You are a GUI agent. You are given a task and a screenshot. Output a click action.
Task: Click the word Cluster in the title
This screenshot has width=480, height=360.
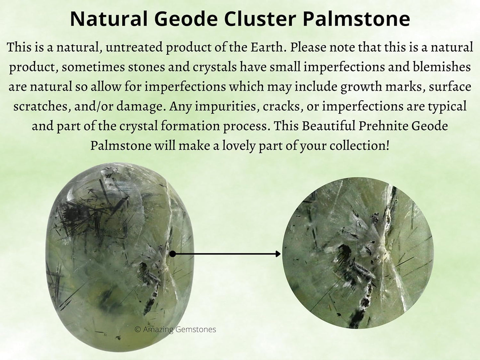(259, 19)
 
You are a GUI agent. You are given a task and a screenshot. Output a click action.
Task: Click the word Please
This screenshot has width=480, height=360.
(308, 47)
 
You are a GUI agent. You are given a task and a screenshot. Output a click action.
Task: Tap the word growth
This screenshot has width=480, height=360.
(361, 87)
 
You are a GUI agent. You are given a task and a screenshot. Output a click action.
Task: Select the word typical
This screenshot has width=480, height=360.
(447, 106)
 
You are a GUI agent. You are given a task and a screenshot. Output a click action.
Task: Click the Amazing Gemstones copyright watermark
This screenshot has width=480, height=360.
(175, 329)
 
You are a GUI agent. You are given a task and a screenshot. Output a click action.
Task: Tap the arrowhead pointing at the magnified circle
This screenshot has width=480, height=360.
(278, 254)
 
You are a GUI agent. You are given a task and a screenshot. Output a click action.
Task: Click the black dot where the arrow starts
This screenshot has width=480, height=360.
(172, 254)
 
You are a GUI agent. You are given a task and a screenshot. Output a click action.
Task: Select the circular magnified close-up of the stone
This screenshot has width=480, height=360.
(357, 253)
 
